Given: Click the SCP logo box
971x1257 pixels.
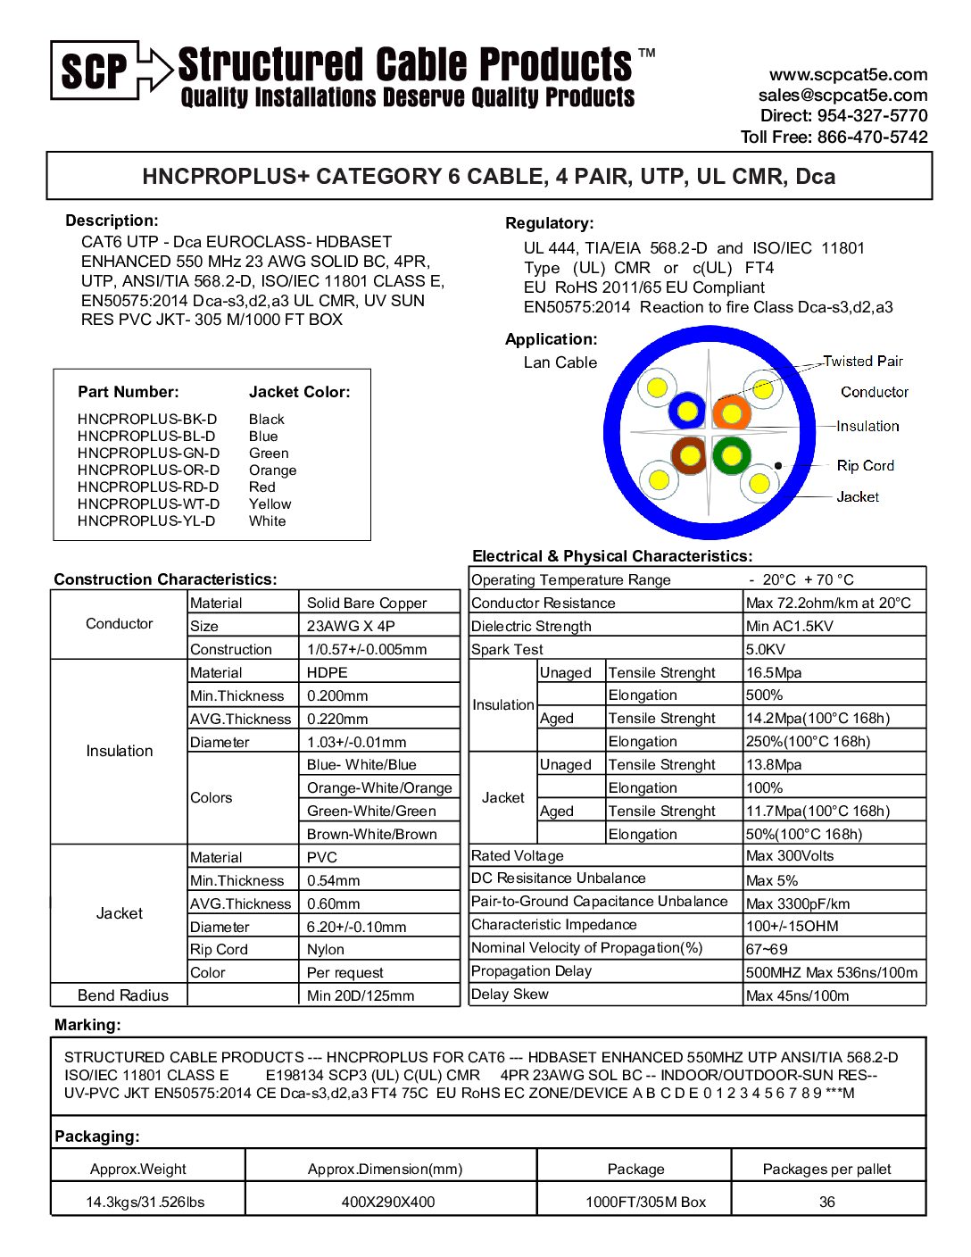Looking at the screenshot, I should coord(95,70).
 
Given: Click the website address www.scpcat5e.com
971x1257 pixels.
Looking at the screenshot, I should coord(848,75).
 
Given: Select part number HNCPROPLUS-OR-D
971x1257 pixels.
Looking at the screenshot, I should coord(149,470).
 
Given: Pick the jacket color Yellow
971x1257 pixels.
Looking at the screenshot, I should coord(270,504).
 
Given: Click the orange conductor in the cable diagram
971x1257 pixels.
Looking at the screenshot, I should coord(731,412).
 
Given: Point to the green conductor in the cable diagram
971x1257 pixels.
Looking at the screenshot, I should coord(731,455).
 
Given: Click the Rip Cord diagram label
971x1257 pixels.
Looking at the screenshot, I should coord(865,466).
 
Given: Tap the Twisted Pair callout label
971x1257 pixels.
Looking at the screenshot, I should coord(862,362).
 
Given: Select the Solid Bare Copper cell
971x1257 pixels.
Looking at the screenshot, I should coord(367,604).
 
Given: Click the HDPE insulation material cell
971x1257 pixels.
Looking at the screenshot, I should coord(328,673).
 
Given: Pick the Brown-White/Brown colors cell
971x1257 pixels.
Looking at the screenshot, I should coord(372,835).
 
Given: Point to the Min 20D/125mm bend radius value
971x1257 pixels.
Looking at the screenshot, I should coord(361,996).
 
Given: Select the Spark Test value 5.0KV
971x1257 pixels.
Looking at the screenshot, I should coord(766,650).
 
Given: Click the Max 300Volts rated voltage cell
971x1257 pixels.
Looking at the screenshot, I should coord(790,856).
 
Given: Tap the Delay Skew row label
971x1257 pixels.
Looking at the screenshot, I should coord(510,995).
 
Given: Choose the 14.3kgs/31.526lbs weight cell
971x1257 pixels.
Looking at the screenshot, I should coord(145,1203).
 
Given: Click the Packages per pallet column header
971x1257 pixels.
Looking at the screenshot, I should coord(826,1170).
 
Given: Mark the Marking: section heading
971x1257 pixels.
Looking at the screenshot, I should coord(87,1025).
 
